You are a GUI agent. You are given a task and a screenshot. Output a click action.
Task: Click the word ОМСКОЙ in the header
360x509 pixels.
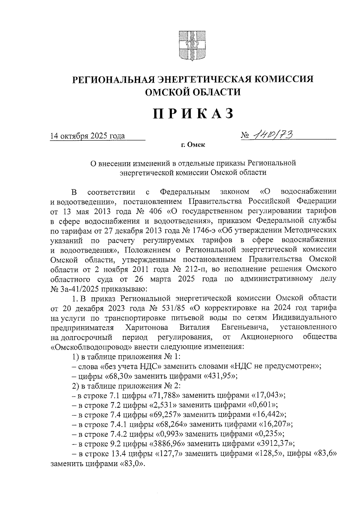(x=168, y=92)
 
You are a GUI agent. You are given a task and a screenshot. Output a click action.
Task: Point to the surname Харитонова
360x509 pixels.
(x=147, y=327)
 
